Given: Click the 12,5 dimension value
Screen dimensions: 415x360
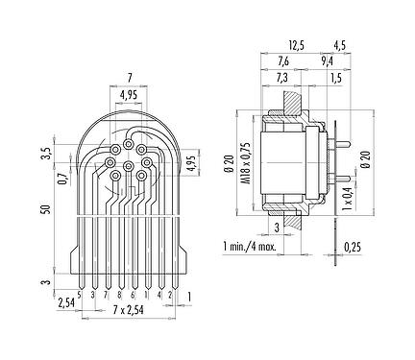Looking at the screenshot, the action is [296, 46].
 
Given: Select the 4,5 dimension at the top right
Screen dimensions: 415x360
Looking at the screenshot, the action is [340, 46].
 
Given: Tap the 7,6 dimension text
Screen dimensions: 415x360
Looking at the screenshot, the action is [283, 61].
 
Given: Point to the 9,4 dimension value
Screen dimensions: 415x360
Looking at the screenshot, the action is [327, 61].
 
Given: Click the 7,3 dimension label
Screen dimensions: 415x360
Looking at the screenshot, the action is [281, 78].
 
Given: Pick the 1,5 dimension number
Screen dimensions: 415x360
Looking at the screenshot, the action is [336, 78].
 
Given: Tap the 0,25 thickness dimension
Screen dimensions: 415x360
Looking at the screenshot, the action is [353, 247].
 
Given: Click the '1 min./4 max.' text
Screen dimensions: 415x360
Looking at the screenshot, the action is [250, 247].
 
